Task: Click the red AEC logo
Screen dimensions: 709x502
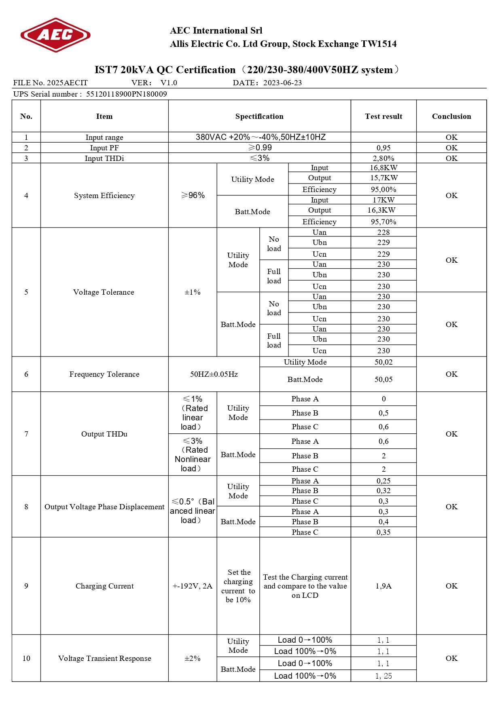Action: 55,35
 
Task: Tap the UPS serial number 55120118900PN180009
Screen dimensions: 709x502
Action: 126,94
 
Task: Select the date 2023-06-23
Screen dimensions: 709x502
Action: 282,83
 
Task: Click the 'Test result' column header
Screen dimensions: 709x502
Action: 383,116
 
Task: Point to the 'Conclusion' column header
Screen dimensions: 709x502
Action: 451,116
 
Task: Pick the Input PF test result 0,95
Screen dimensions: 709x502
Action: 383,148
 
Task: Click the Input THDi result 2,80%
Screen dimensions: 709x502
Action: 383,158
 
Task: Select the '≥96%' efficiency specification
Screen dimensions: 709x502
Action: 193,196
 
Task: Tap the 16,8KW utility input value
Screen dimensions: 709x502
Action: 383,168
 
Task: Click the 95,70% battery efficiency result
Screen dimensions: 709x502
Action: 383,222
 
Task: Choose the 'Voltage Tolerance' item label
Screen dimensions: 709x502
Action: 104,292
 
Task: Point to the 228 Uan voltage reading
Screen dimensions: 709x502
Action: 383,232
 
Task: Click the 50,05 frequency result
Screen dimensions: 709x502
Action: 383,380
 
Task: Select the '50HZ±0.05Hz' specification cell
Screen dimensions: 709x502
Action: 214,374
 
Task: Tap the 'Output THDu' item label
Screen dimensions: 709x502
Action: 104,434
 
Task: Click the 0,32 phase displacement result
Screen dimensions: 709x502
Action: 383,491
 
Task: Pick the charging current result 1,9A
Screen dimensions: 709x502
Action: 383,586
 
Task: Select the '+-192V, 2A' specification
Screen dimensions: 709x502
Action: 193,586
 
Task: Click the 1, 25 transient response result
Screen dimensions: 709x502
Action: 383,676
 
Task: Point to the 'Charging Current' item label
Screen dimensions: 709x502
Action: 104,586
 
